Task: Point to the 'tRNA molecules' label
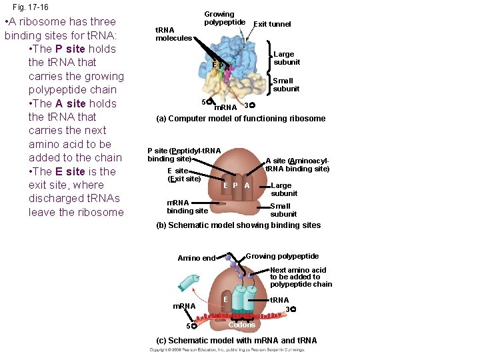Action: tap(173, 34)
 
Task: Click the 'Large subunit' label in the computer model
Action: tap(287, 58)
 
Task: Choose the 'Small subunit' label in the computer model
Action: tap(286, 85)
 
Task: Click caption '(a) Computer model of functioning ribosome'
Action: tap(241, 119)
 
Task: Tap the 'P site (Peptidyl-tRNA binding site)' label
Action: tap(184, 155)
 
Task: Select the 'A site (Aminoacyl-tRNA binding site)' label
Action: tap(297, 164)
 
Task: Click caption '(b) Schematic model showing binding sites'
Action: tap(238, 225)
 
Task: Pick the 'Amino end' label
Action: tap(197, 258)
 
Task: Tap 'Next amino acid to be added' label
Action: tap(301, 277)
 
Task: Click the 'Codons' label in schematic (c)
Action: tap(241, 325)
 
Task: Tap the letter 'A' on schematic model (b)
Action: tap(247, 185)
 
